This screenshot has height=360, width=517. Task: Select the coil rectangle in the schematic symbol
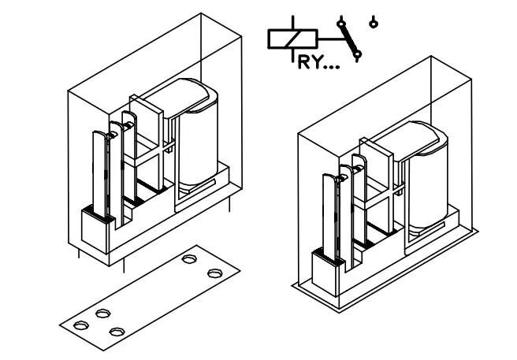(x=292, y=38)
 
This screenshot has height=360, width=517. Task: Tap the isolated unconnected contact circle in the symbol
(x=373, y=20)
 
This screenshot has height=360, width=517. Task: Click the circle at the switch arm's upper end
(x=341, y=20)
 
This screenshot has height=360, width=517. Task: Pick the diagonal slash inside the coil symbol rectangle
(x=292, y=38)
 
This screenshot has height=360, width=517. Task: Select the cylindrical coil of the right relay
(x=426, y=177)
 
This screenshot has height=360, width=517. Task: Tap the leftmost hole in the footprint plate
(x=79, y=324)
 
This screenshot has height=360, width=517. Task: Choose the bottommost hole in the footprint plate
(x=117, y=332)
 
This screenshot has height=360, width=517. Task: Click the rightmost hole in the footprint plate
(x=214, y=273)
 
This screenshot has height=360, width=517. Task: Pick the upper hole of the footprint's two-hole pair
(x=190, y=258)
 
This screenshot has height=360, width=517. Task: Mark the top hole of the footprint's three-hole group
(x=102, y=314)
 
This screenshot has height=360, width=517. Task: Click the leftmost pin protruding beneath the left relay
(x=76, y=253)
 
